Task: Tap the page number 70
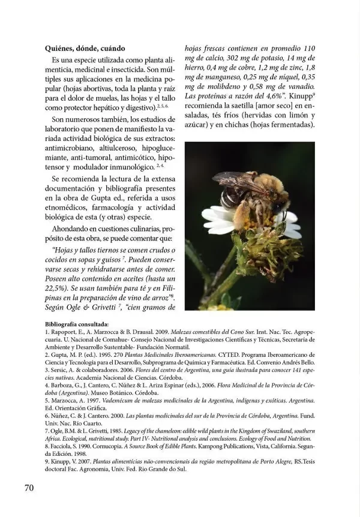[x=29, y=486]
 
